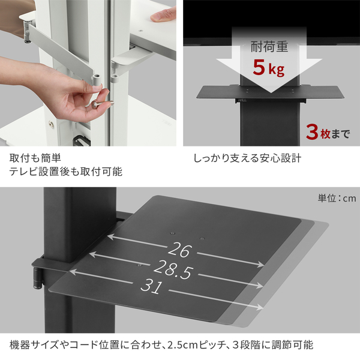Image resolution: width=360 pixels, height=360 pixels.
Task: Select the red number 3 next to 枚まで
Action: (311, 131)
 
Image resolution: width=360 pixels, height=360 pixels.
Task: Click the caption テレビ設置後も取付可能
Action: (65, 172)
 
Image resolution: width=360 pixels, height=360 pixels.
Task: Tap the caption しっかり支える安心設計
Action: (247, 159)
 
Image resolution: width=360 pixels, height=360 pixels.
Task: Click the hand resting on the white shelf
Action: (163, 14)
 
